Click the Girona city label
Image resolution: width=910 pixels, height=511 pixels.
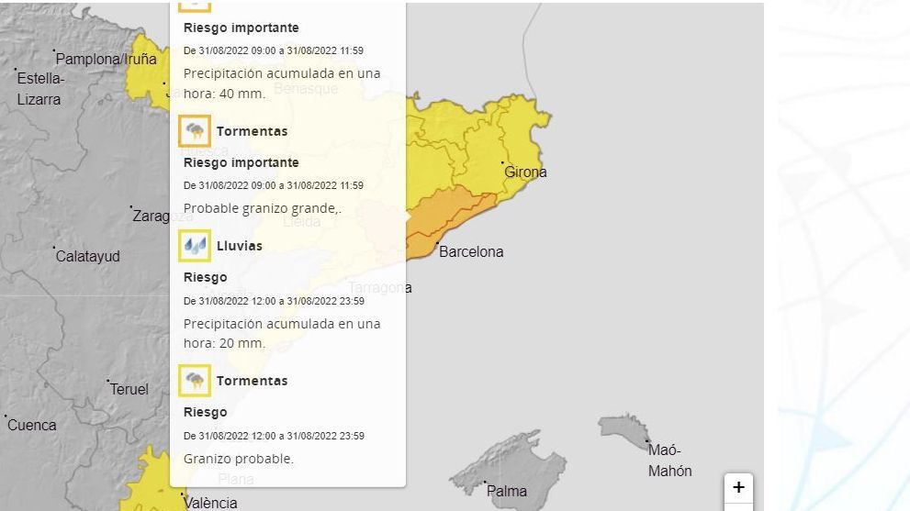(x=525, y=172)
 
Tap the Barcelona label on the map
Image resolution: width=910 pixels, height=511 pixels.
(x=471, y=251)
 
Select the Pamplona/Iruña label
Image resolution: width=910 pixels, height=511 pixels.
(x=106, y=59)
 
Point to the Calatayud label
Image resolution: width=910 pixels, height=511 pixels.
(x=88, y=256)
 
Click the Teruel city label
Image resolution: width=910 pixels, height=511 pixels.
(x=129, y=389)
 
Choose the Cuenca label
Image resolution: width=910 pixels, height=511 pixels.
(x=32, y=425)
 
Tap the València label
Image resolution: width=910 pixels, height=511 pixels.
(x=210, y=503)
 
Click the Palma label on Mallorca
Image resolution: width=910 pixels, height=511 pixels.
(x=507, y=491)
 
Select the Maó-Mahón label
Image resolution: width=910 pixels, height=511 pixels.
(x=670, y=460)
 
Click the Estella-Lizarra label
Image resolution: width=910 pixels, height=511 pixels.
(x=40, y=88)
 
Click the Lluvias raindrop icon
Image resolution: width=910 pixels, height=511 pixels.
(x=195, y=246)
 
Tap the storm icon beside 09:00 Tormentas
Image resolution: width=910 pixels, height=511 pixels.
(x=195, y=131)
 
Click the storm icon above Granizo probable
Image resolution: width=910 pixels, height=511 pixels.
(x=195, y=381)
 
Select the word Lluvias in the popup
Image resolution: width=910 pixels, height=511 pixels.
(x=240, y=246)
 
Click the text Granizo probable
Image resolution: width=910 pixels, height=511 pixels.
(x=239, y=459)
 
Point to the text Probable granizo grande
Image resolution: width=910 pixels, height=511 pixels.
(x=263, y=208)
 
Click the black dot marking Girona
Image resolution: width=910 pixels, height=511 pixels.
(x=503, y=163)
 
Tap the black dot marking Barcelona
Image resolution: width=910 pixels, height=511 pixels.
(x=437, y=242)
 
